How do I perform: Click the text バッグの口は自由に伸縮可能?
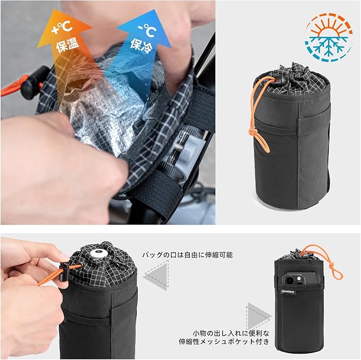(187, 255)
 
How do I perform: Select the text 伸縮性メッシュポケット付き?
(224, 341)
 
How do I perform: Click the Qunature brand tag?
(288, 292)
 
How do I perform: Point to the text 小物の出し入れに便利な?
(231, 333)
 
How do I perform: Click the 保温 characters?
(68, 44)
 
